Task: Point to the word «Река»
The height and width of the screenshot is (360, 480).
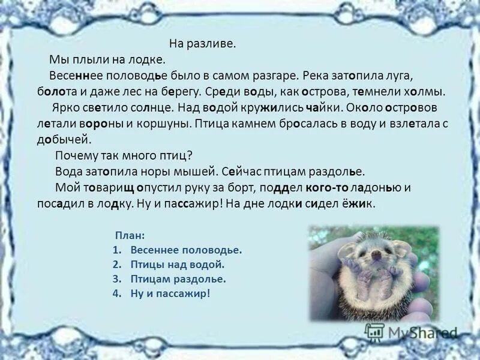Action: click(315, 77)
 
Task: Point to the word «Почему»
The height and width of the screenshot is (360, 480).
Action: click(74, 155)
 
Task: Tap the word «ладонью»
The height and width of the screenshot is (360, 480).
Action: click(376, 187)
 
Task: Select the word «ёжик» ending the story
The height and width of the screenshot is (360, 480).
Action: click(360, 203)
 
